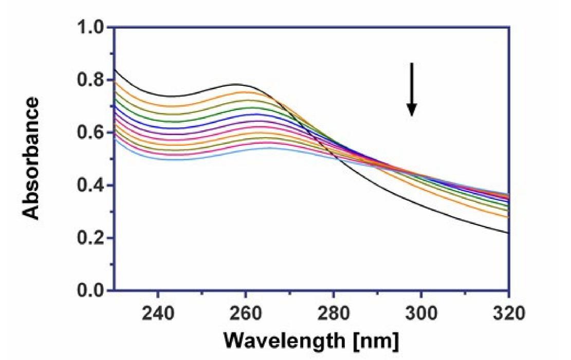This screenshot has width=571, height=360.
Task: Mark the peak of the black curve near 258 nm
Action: (237, 84)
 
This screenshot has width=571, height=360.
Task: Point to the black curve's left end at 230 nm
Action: (115, 69)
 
